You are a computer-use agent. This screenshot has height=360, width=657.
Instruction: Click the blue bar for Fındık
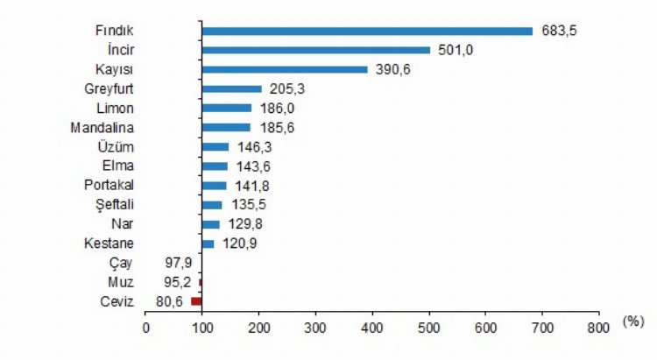(367, 31)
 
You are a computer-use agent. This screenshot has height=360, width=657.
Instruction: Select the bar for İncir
(316, 50)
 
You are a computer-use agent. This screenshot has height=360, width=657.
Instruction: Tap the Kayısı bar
(285, 69)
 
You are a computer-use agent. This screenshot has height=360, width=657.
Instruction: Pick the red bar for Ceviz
(196, 300)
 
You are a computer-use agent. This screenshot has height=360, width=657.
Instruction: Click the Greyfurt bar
(232, 88)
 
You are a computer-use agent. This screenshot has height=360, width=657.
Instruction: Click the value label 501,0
(456, 50)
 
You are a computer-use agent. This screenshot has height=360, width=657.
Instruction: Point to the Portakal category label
(109, 185)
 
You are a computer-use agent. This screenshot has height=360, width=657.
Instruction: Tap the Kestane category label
(109, 243)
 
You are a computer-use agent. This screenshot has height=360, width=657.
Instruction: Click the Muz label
(123, 281)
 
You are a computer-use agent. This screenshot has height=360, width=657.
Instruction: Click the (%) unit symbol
(632, 321)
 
